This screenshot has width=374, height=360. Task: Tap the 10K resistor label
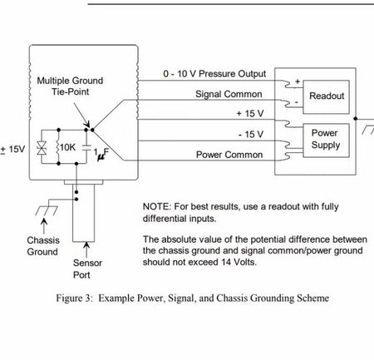click(x=67, y=147)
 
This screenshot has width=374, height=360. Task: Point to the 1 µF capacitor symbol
click(x=86, y=148)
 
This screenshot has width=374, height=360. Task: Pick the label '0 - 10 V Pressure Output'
click(x=214, y=74)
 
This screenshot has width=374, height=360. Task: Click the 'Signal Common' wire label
click(x=229, y=94)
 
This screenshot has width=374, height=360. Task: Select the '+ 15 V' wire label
click(x=250, y=113)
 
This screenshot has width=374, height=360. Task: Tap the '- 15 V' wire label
click(x=251, y=135)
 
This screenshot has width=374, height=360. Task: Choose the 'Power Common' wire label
click(x=229, y=155)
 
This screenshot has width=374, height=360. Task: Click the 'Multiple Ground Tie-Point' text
click(x=70, y=86)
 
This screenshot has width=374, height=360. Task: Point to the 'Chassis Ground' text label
click(x=43, y=246)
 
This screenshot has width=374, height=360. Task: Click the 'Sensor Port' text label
click(x=87, y=269)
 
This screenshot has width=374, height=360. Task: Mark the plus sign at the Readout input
click(x=298, y=81)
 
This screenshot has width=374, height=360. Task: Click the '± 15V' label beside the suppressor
click(x=12, y=150)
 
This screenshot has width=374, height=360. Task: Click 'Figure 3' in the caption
click(x=73, y=298)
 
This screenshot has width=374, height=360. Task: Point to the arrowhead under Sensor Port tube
click(x=86, y=245)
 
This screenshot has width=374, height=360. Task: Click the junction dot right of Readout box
click(x=356, y=119)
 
